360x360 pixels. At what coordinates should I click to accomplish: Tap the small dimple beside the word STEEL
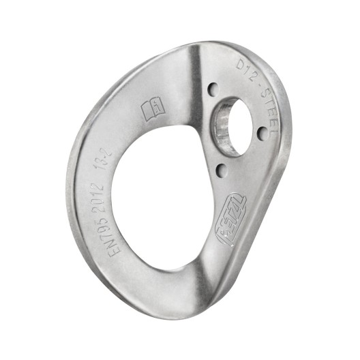coord(261,134)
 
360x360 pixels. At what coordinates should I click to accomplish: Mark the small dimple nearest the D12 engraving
coord(213,88)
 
